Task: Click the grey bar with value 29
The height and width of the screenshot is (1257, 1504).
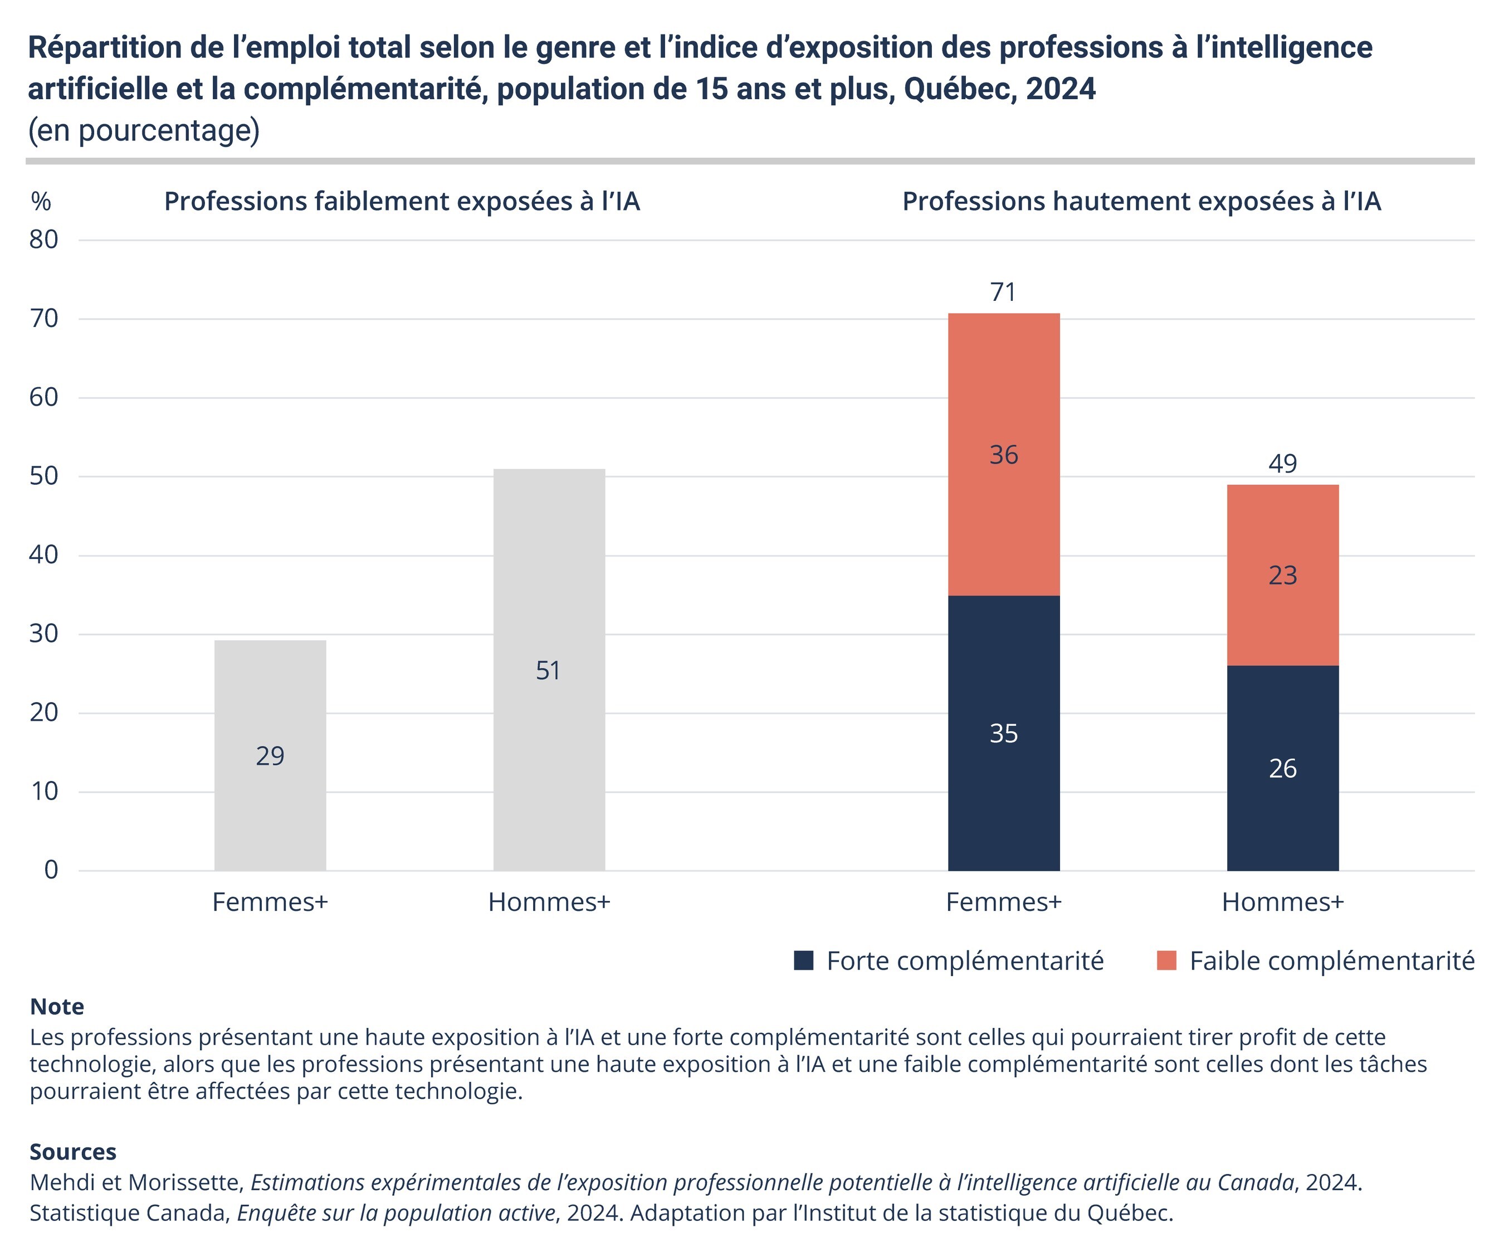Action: [270, 756]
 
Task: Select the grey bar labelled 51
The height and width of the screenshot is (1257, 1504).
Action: [549, 670]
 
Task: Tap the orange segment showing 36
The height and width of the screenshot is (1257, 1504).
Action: [1003, 454]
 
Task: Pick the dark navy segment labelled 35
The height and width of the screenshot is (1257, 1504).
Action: [1003, 733]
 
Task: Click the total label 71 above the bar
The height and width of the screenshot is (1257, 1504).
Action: [1003, 292]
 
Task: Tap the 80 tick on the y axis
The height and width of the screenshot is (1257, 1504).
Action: [43, 240]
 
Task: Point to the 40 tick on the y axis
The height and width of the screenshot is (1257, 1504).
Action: [43, 555]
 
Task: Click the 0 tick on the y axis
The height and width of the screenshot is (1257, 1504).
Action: [51, 870]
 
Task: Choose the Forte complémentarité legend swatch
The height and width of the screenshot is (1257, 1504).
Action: [804, 961]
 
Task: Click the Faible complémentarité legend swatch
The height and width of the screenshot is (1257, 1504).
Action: [1166, 961]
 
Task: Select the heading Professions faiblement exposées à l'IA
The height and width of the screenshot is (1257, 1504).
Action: [402, 201]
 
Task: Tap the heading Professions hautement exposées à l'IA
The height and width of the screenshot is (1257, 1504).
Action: [1141, 201]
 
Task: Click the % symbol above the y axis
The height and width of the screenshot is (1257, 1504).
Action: [41, 201]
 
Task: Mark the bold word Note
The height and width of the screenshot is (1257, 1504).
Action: [57, 1007]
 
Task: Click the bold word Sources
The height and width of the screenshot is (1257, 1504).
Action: [72, 1152]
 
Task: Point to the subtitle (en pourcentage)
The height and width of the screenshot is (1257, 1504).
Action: [143, 130]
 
